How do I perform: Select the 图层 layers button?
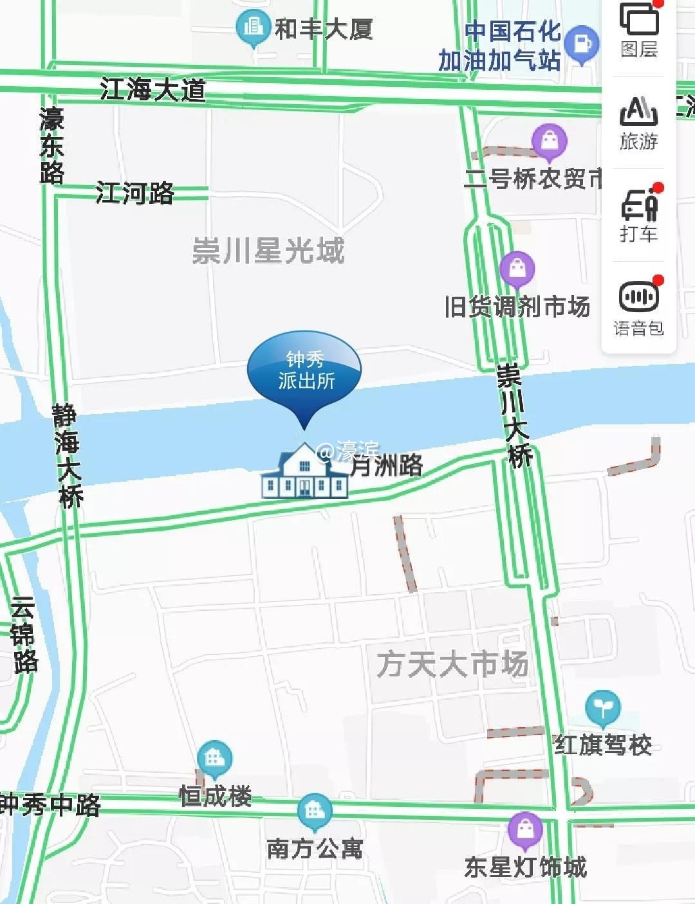(639, 28)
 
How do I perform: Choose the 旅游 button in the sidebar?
(639, 122)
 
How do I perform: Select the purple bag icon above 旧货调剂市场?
(517, 268)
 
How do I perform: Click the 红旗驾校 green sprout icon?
(603, 707)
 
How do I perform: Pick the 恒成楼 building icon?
(214, 759)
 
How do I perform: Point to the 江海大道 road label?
(153, 89)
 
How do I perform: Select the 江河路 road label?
(134, 193)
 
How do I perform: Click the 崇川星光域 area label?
(268, 251)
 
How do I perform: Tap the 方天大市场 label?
(452, 664)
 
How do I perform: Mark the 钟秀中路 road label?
(50, 804)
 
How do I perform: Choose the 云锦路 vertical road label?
(24, 635)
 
